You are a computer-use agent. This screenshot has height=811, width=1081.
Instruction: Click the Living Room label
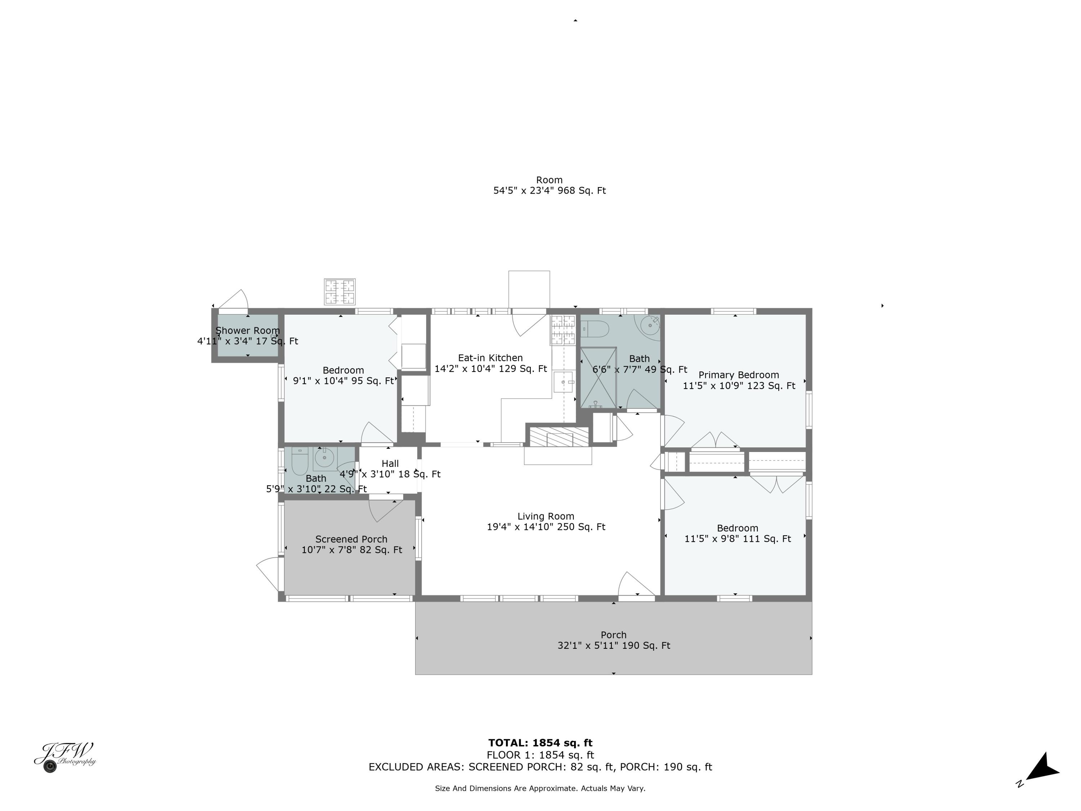[546, 522]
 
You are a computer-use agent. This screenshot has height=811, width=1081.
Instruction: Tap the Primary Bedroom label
[738, 380]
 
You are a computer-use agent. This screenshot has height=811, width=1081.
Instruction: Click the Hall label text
[390, 464]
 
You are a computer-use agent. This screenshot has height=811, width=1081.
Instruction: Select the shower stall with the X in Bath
[598, 377]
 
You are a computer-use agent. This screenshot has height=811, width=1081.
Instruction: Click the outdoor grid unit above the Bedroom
[340, 292]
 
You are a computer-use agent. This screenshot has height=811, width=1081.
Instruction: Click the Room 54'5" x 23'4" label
[549, 185]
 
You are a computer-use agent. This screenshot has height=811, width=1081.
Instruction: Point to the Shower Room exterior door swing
[236, 300]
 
